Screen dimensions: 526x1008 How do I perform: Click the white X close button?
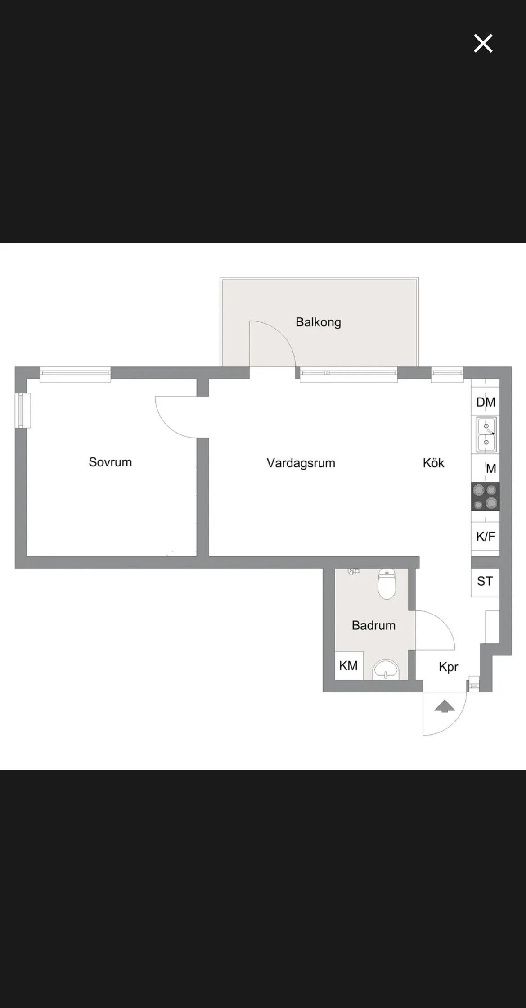483,43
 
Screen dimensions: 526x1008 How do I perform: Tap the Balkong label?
318,322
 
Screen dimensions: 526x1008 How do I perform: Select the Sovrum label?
110,462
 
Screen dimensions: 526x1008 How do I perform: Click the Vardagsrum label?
301,463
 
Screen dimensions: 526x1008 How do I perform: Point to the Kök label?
433,463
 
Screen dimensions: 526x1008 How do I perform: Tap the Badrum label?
373,625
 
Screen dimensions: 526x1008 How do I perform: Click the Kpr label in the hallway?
448,667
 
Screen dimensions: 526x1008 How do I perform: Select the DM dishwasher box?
486,402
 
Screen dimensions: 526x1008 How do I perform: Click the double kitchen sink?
486,434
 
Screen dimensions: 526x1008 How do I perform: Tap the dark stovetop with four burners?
485,496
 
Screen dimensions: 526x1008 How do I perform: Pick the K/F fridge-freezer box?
485,536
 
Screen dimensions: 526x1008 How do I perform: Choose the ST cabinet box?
485,582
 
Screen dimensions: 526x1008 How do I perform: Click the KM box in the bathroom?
349,665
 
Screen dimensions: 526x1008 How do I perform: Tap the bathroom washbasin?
387,669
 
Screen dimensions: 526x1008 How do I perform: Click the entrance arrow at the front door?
445,706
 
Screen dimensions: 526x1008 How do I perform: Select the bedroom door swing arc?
167,426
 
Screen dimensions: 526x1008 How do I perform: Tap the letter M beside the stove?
491,469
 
